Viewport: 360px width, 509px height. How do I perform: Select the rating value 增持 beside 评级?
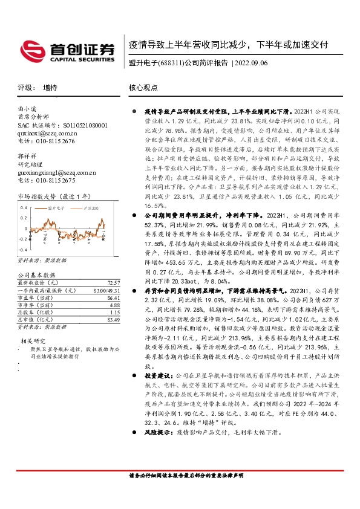click(x=51, y=88)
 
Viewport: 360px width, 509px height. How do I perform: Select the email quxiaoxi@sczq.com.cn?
click(x=47, y=133)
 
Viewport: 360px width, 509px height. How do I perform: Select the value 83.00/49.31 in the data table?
click(x=106, y=291)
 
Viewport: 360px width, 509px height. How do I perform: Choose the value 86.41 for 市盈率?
click(x=113, y=299)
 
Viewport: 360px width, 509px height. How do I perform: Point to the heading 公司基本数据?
click(x=36, y=275)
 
